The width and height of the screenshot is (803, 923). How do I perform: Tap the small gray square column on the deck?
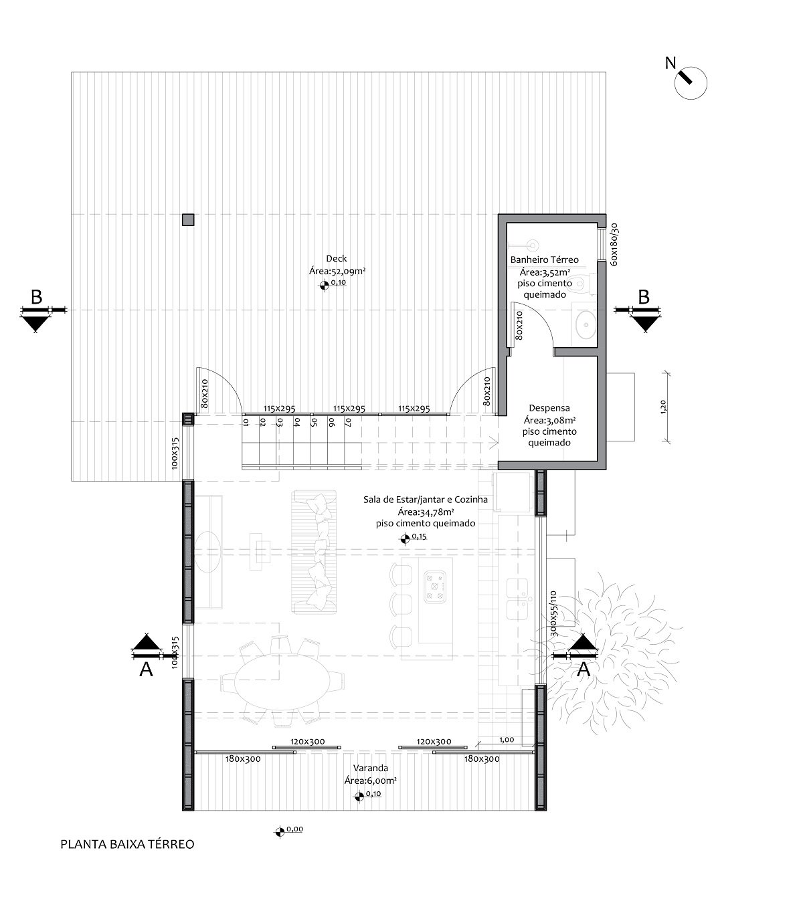[x=189, y=219]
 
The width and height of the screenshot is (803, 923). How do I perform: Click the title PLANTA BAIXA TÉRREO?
[x=127, y=844]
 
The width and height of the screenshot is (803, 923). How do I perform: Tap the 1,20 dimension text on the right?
[x=662, y=407]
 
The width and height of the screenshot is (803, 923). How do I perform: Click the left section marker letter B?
[x=36, y=297]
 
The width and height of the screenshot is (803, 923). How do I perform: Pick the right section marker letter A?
[x=584, y=669]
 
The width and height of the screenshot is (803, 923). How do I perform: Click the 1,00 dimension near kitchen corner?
[x=507, y=739]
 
